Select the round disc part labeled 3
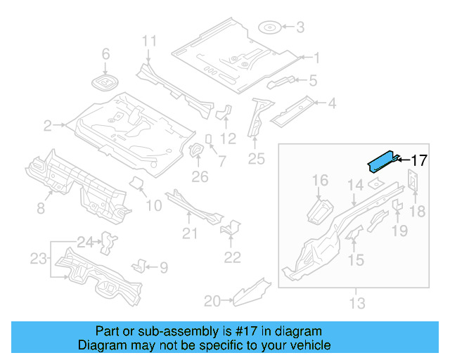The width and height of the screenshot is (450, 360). point(269,28)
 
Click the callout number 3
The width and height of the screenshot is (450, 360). point(300,28)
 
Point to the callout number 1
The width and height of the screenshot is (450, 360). point(316,58)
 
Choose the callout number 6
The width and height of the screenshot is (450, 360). point(106,54)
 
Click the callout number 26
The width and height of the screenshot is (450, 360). point(200,176)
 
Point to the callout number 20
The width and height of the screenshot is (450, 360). point(212,301)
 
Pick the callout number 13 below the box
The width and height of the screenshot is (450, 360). point(357,303)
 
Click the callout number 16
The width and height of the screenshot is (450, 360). point(320,181)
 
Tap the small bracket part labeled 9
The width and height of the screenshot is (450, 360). point(140,266)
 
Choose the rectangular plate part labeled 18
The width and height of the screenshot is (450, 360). point(413,182)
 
